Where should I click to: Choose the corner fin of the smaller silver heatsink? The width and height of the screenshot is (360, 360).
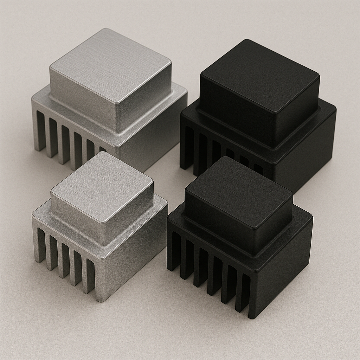point(100,281)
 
